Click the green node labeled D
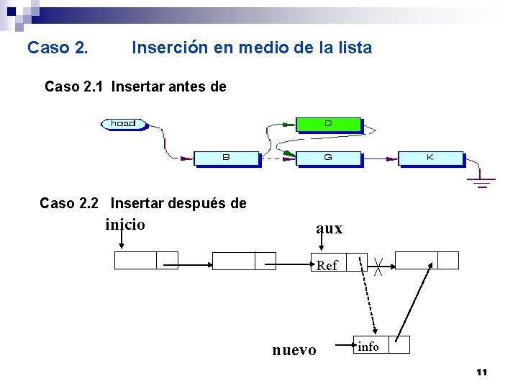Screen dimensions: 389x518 coord(328,124)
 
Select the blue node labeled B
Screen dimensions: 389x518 coord(226,157)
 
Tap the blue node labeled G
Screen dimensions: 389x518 coord(327,157)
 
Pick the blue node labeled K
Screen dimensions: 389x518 coord(430,157)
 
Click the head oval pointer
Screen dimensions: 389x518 coord(124,123)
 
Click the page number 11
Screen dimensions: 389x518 coord(482,372)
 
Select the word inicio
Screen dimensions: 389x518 coord(125,225)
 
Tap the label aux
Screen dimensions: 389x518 coord(330,228)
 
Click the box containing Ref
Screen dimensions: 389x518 coord(328,264)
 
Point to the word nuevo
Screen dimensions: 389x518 coord(294,350)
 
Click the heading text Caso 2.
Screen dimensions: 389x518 coord(58,48)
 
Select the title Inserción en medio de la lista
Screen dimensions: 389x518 coord(252,48)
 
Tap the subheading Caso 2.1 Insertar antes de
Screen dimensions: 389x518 coord(135,87)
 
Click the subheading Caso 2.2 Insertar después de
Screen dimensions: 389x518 coord(142,204)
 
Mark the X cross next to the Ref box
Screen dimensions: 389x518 coord(378,267)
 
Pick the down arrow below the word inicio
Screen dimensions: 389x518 coord(119,243)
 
